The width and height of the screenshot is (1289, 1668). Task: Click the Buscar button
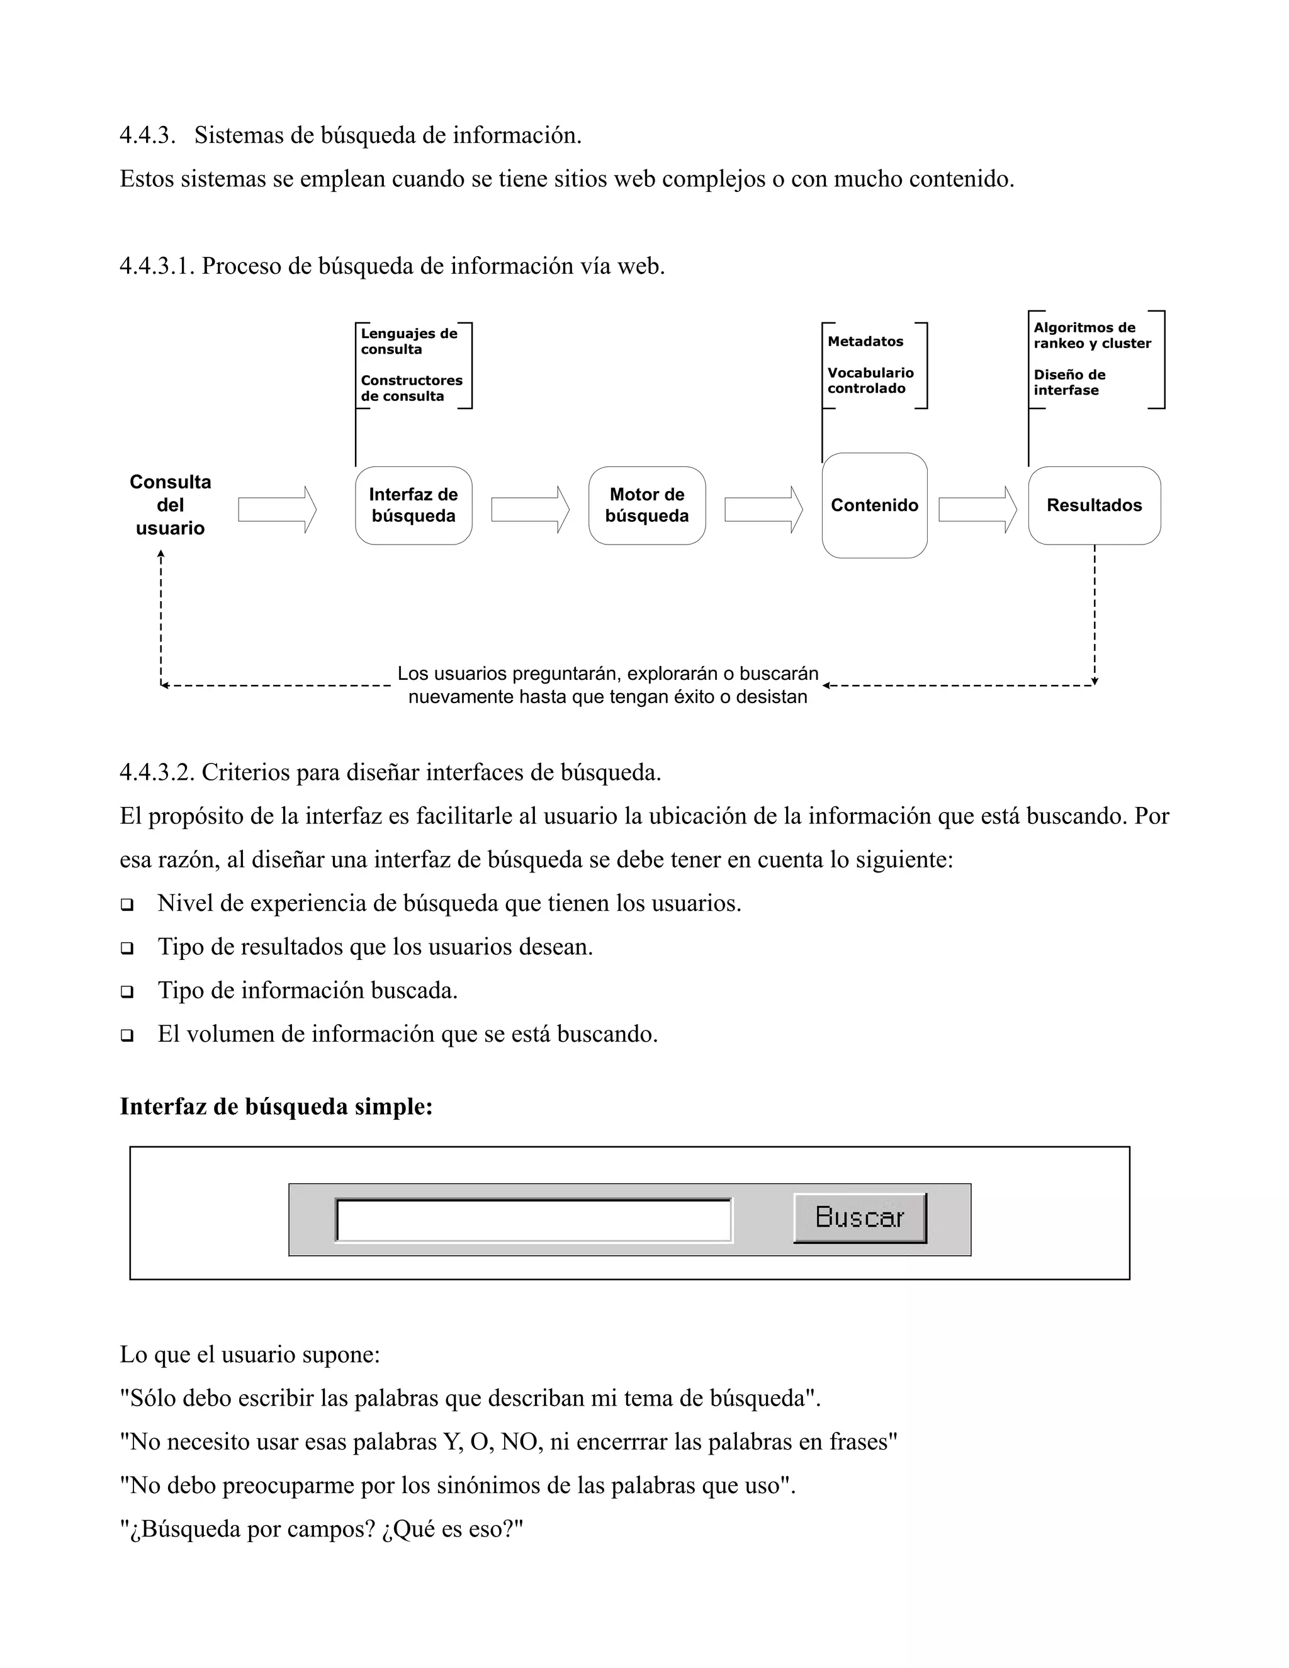click(860, 1217)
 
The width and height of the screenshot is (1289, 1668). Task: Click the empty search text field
click(533, 1220)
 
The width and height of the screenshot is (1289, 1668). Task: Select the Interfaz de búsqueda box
click(413, 505)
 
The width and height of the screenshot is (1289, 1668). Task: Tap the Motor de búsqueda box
click(647, 505)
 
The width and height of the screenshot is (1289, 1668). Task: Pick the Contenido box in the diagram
click(874, 505)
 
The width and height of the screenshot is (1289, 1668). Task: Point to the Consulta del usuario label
click(171, 505)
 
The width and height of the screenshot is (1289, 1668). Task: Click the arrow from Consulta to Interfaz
click(277, 509)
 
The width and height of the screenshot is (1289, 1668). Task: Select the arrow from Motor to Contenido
click(763, 509)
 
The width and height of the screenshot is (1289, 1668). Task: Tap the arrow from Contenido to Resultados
click(977, 509)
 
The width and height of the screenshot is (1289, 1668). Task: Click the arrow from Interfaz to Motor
click(530, 509)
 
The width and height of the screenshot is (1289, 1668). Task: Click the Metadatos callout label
click(865, 341)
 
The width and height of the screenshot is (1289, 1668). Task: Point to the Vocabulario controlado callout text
click(870, 380)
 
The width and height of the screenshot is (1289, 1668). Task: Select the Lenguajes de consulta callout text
click(408, 341)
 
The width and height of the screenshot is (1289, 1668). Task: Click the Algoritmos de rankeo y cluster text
click(1092, 335)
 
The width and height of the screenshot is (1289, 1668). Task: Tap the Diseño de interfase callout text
click(1069, 382)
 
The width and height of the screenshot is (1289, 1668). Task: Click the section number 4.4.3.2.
click(157, 772)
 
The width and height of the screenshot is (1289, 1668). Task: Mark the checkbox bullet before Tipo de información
click(127, 992)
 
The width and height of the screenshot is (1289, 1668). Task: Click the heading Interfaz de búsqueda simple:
click(276, 1107)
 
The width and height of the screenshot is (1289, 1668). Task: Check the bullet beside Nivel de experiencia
click(127, 905)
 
